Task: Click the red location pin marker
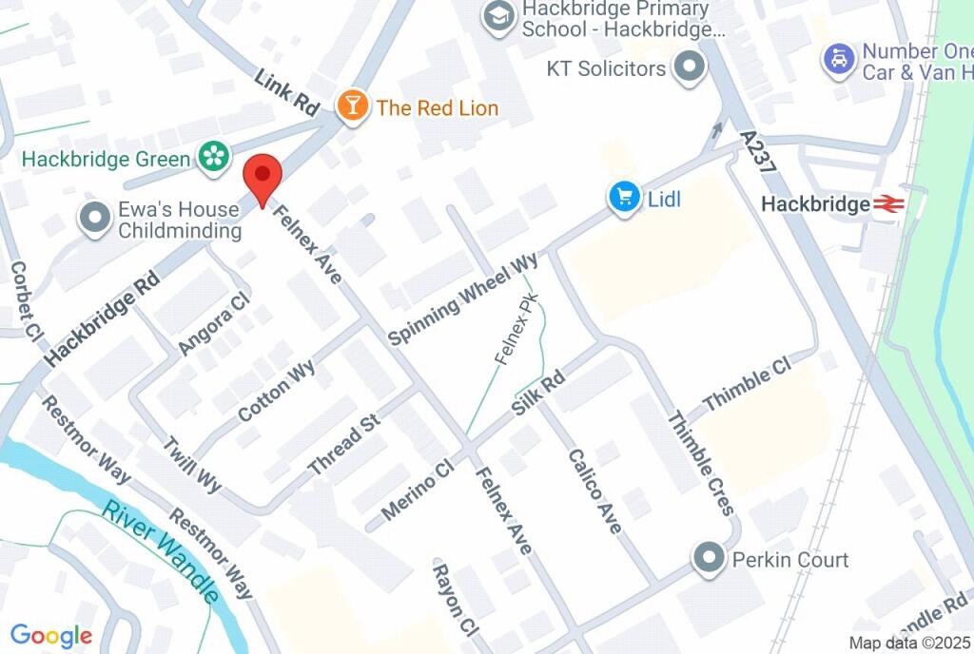click(263, 178)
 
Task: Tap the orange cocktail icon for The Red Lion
click(353, 106)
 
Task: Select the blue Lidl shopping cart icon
click(624, 198)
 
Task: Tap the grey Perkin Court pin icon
click(708, 558)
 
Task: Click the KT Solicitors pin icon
click(689, 67)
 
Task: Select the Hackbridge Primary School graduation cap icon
click(497, 17)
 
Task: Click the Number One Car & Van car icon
click(836, 59)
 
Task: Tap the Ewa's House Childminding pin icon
click(95, 219)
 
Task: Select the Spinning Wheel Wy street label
click(463, 298)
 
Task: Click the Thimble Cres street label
click(701, 462)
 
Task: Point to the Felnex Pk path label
click(516, 329)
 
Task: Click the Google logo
click(51, 636)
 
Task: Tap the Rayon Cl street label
click(454, 599)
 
